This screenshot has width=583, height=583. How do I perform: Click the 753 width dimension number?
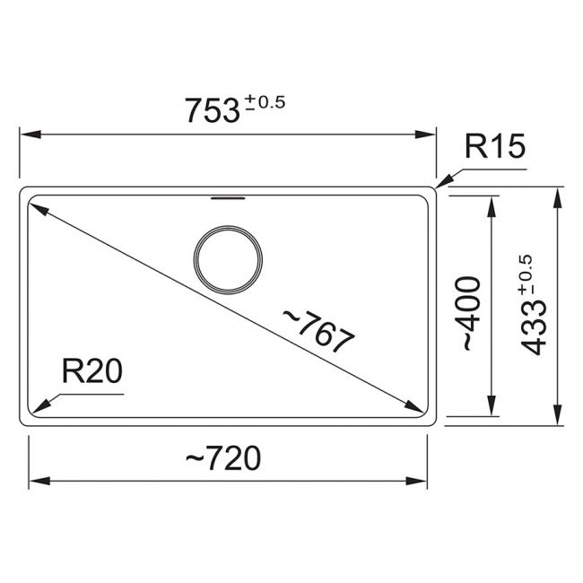point(213,110)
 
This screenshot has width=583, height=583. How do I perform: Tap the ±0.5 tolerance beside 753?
point(265,102)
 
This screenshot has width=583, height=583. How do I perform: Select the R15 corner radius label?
point(495,146)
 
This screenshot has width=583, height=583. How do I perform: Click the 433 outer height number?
point(533,327)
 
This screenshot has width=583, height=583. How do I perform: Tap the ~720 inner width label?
point(223,457)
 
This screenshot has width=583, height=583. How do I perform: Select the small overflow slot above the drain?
point(228,198)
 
